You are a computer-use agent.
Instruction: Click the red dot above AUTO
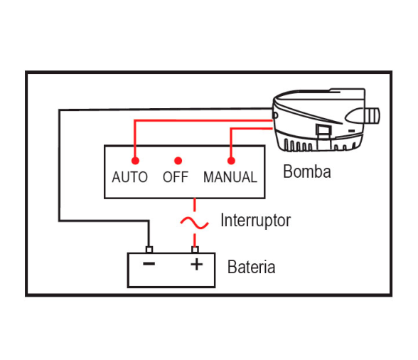coord(135,161)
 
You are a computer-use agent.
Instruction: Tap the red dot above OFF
coord(178,161)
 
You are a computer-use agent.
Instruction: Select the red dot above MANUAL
coord(231,161)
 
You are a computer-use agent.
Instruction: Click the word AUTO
coord(130,177)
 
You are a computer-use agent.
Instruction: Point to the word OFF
coord(176,177)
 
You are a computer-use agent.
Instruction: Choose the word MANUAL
coord(230,177)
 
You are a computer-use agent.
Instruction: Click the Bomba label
coord(307,171)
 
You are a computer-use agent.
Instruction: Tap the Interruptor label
coord(256,221)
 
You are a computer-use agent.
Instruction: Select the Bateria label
coord(252,267)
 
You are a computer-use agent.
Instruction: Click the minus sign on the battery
coord(149,264)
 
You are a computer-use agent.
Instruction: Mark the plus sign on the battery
coord(197,265)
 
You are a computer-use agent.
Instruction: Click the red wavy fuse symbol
coord(195,223)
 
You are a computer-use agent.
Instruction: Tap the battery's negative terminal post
coord(149,250)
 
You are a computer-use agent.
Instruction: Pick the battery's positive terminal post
coord(195,250)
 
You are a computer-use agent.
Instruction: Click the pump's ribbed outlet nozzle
coord(373,115)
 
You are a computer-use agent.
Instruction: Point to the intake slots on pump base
coord(299,146)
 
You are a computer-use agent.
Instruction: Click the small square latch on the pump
coord(323,130)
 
